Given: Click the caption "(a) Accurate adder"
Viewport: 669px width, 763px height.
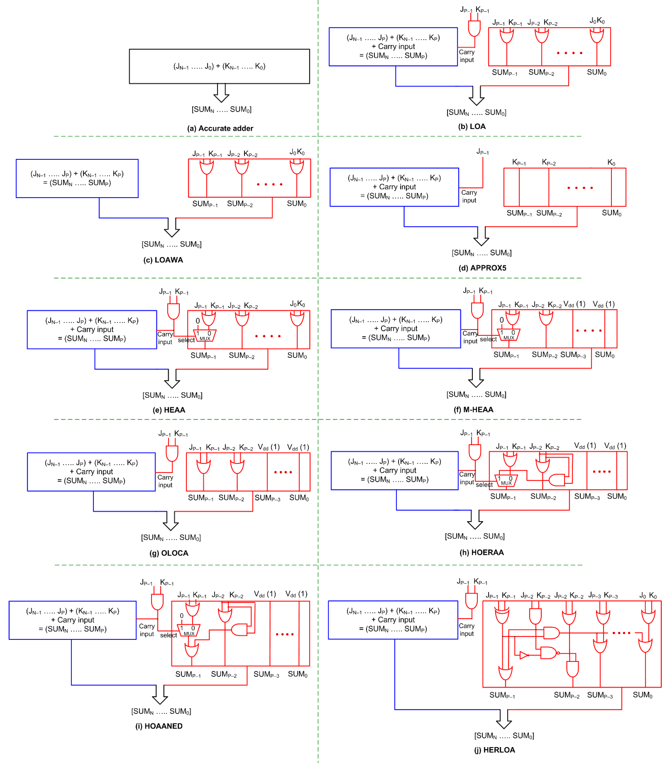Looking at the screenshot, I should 220,128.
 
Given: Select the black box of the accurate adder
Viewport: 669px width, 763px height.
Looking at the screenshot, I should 219,66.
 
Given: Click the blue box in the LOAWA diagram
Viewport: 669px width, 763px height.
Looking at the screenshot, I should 77,178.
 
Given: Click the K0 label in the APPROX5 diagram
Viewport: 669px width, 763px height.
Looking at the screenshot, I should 611,162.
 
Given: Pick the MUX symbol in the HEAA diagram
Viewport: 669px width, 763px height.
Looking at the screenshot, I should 205,335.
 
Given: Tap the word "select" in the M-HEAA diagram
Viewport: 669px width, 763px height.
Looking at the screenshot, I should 488,339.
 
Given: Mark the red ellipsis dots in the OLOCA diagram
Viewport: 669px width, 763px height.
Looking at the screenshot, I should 283,472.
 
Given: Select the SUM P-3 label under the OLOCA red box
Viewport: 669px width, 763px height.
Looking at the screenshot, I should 267,498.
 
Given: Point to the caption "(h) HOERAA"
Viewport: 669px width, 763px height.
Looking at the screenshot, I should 481,552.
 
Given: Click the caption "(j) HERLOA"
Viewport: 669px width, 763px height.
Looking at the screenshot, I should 495,750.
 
